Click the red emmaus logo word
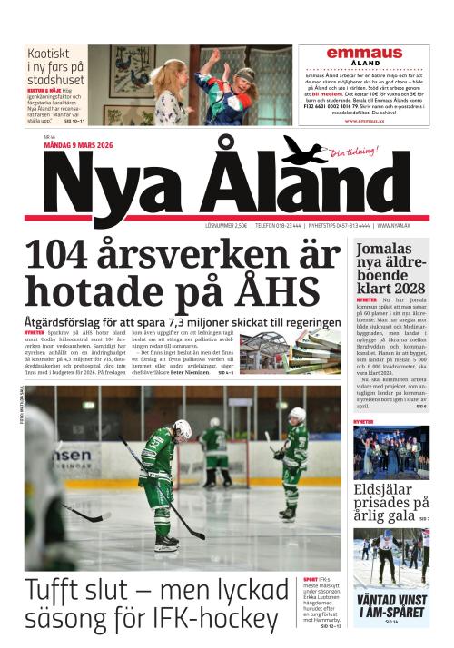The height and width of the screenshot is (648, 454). pyautogui.click(x=364, y=53)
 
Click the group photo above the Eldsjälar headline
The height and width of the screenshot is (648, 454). pyautogui.click(x=391, y=451)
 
